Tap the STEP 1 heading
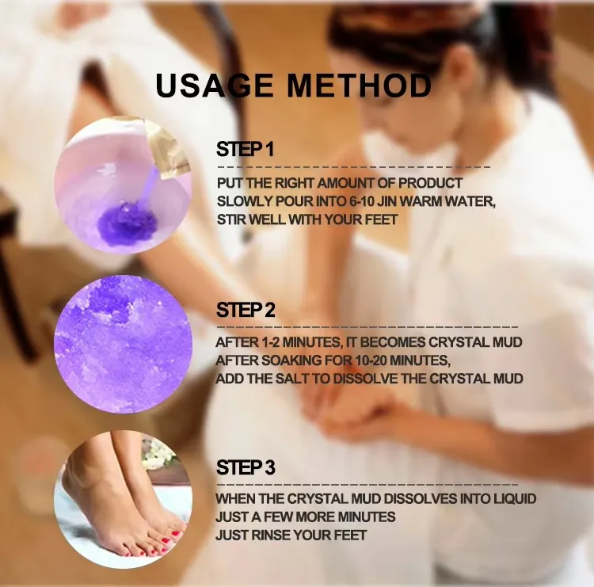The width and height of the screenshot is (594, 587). pos(245,150)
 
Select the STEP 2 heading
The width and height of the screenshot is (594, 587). pos(246,311)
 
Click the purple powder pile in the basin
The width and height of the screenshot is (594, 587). pos(126,223)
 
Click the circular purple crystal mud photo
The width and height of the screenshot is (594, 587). pos(123,343)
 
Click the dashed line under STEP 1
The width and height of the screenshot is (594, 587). pos(353,168)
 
